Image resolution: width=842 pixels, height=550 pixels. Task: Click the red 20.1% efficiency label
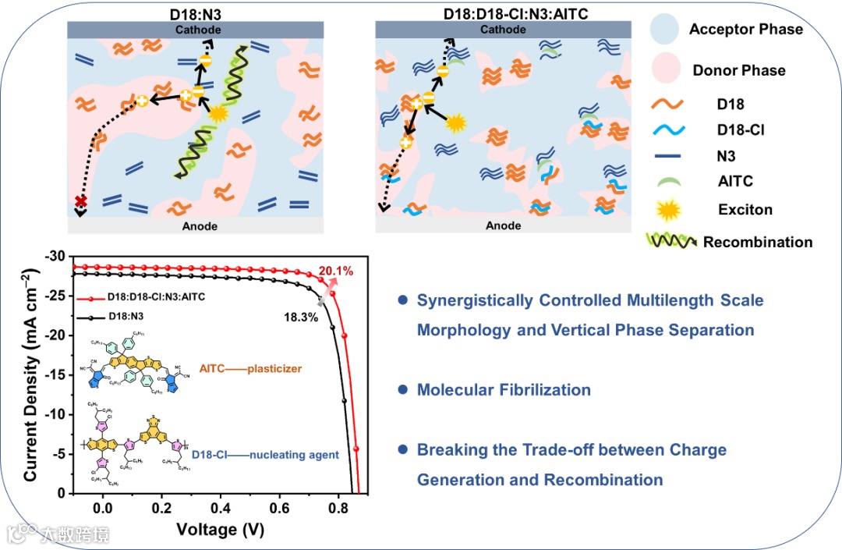[336, 271]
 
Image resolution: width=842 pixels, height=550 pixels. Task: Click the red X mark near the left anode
[80, 202]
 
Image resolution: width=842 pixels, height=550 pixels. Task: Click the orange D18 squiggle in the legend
[667, 104]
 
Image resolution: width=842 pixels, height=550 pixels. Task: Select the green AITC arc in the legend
[667, 181]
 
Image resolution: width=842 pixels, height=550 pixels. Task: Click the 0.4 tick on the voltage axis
[221, 507]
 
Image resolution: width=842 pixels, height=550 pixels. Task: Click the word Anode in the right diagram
[503, 225]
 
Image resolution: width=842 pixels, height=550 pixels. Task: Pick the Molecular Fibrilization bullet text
[504, 389]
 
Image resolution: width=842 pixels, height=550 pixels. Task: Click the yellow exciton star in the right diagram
[455, 122]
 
